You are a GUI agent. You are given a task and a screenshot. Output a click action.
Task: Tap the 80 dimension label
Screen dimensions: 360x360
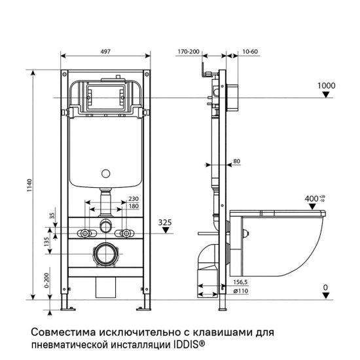click(x=236, y=160)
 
